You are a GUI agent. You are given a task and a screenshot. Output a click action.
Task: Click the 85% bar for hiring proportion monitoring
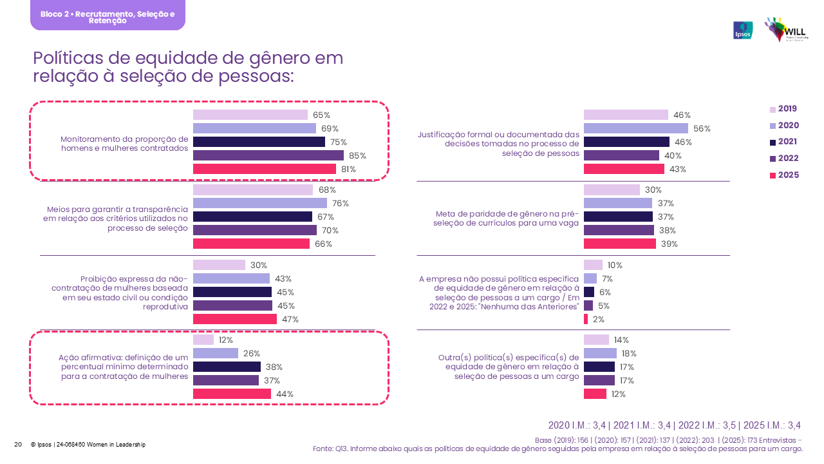point(268,155)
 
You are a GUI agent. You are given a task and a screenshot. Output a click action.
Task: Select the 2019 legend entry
point(783,109)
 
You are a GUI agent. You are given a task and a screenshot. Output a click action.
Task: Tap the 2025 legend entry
point(783,175)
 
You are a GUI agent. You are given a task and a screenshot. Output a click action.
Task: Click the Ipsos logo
point(743,30)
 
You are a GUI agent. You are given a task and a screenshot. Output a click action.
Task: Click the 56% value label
point(702,128)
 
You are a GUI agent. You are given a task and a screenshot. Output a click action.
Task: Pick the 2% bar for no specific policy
point(586,319)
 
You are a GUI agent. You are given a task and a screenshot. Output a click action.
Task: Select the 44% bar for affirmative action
point(232,394)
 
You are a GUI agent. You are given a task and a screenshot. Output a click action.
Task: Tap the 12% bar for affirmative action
point(203,340)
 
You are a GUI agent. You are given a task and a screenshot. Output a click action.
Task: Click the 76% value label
point(341,204)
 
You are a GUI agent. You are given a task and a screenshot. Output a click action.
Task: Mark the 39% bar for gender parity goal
point(620,244)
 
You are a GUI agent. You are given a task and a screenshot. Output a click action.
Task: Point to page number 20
point(18,445)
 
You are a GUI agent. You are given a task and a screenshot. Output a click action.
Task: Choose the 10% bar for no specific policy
point(593,265)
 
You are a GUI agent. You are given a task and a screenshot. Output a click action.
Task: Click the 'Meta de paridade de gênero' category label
point(507,218)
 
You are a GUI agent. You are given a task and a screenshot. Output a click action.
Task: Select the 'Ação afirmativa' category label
point(124,367)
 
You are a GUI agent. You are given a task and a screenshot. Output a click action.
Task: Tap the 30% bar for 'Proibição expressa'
point(220,265)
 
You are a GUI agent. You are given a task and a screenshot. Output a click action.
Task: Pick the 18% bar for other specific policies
point(600,353)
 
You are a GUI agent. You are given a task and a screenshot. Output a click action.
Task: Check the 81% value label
point(348,169)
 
